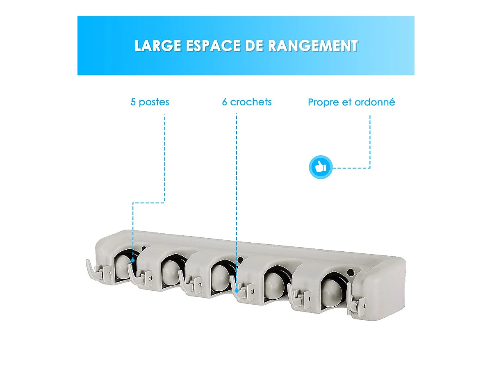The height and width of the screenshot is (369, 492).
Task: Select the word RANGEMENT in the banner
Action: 313,46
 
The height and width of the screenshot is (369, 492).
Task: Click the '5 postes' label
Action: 150,102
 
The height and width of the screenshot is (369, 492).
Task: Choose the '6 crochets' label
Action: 247,102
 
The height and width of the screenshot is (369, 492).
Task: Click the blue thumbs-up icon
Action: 320,167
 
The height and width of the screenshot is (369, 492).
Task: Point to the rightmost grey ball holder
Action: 330,289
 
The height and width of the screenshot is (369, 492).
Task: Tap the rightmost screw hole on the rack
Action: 351,272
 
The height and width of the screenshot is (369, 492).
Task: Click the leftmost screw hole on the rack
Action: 143,248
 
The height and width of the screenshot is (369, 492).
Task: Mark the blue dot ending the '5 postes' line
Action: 133,259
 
